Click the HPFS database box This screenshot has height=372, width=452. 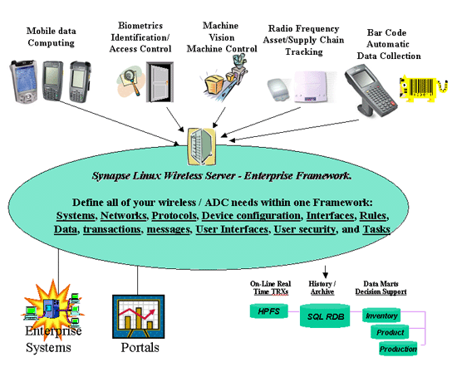pyautogui.click(x=268, y=311)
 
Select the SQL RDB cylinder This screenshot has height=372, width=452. pyautogui.click(x=325, y=316)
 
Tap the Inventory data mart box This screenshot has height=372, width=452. pyautogui.click(x=381, y=316)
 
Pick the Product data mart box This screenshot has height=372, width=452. pyautogui.click(x=390, y=332)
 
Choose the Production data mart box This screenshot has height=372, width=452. pyautogui.click(x=398, y=349)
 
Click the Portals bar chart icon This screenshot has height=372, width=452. pyautogui.click(x=139, y=316)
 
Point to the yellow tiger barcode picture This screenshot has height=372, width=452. pyautogui.click(x=423, y=89)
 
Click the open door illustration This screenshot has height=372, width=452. pyautogui.click(x=160, y=82)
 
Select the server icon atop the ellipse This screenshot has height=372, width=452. pyautogui.click(x=202, y=146)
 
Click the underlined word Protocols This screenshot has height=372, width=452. pyautogui.click(x=174, y=216)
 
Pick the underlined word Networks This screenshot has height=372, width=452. pyautogui.click(x=123, y=216)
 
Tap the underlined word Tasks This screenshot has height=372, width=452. pyautogui.click(x=376, y=229)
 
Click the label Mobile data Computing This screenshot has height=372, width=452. pyautogui.click(x=52, y=37)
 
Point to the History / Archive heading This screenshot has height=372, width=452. pyautogui.click(x=322, y=287)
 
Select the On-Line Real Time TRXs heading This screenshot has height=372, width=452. pyautogui.click(x=270, y=287)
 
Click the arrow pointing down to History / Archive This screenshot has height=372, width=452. pyautogui.click(x=325, y=272)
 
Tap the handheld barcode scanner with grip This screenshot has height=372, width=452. pyautogui.click(x=371, y=91)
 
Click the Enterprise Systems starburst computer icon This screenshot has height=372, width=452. pyautogui.click(x=53, y=307)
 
